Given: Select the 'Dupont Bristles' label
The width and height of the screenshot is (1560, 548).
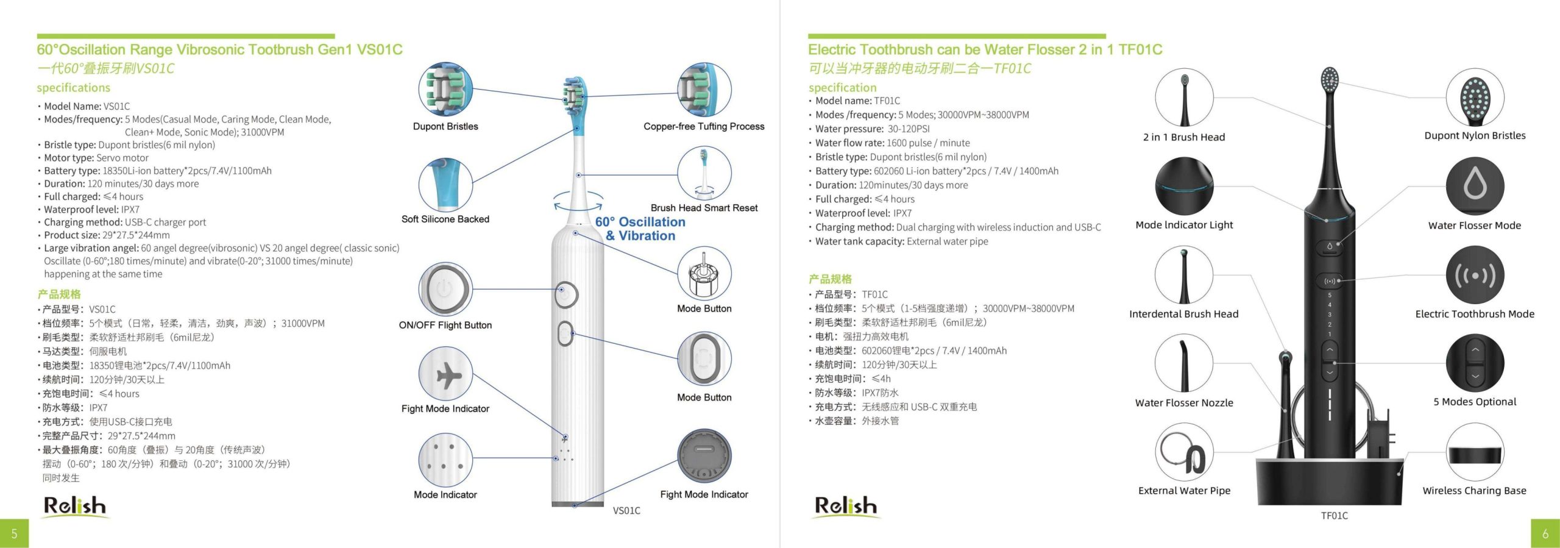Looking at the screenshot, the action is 445,126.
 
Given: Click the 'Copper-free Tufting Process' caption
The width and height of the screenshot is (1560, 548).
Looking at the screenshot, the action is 704,126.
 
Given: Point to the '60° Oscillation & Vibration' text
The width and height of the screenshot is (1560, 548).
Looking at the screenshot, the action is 640,229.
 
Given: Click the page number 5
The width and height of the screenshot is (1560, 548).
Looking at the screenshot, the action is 14,533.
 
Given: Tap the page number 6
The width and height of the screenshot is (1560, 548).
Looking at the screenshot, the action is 1545,533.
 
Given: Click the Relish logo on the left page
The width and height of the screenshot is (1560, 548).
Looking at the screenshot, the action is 75,507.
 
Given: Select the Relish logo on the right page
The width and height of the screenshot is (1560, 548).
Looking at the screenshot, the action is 846,507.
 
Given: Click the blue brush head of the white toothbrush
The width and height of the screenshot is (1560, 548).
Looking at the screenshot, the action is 575,104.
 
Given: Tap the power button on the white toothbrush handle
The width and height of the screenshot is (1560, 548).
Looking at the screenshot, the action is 566,295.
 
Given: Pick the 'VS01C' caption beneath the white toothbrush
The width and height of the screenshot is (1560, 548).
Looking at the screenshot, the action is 626,511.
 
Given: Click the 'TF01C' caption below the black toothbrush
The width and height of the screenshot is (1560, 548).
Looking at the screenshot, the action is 1335,516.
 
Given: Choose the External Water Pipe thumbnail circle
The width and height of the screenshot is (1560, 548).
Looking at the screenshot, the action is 1184,452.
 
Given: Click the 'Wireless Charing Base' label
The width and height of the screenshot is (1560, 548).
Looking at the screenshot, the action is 1474,491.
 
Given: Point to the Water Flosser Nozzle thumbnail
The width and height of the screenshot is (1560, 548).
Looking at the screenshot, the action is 1184,363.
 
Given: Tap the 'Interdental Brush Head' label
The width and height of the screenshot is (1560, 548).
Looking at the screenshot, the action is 1184,314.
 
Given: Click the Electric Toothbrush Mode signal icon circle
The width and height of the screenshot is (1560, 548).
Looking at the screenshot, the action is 1475,275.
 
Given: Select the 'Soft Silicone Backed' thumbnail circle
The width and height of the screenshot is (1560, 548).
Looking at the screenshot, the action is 445,185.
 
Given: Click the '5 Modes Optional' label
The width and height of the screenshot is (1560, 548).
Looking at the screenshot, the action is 1475,402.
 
